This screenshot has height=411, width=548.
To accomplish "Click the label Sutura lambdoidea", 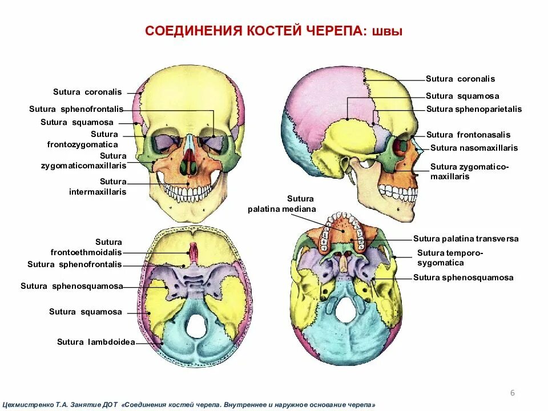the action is [96, 342].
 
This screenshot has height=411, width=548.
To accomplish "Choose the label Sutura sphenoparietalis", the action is [474, 110].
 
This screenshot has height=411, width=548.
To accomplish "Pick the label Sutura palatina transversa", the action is [466, 239].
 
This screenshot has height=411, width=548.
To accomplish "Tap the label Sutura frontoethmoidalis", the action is [100, 247].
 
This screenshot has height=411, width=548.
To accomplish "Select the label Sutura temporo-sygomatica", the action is [450, 258].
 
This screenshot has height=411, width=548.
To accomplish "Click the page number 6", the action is [512, 393].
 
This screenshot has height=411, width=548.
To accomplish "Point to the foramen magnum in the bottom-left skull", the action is [196, 325].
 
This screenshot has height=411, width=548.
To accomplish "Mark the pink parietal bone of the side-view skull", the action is [320, 97].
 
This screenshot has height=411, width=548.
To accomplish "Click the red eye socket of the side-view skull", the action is [400, 148].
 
